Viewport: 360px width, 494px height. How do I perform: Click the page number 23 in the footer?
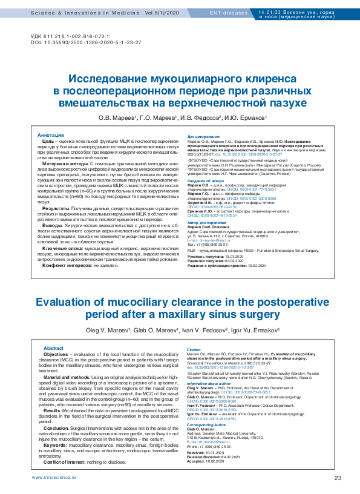click(338, 478)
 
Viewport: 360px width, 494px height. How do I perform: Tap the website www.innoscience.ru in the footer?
click(53, 478)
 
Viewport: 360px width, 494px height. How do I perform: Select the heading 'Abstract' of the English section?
click(53, 348)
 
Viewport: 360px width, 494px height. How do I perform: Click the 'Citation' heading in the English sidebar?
click(194, 350)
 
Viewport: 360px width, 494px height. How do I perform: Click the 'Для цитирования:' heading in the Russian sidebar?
click(204, 137)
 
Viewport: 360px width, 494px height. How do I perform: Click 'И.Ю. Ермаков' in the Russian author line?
click(247, 117)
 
